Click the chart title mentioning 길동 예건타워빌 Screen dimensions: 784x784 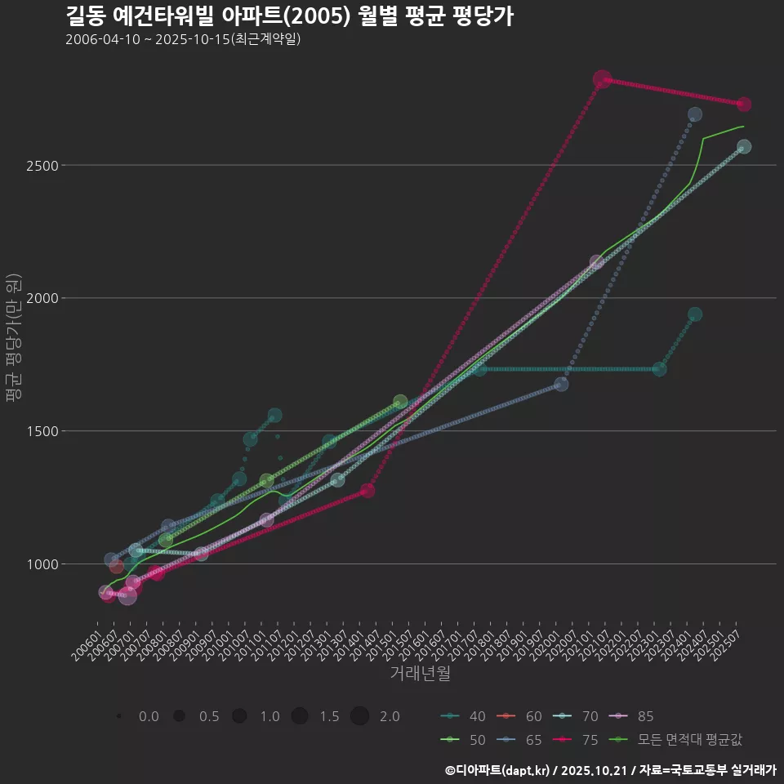tap(289, 16)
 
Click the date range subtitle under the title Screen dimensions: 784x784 tap(183, 39)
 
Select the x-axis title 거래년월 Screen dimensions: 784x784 tap(420, 673)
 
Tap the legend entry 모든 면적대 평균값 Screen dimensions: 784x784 tap(689, 739)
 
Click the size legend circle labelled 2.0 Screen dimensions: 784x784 tap(360, 716)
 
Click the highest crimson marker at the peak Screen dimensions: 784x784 tap(602, 79)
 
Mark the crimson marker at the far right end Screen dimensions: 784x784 tap(743, 105)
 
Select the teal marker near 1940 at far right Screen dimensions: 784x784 tap(694, 314)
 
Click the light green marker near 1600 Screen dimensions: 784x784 tap(400, 402)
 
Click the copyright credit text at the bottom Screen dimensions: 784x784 tap(610, 770)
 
